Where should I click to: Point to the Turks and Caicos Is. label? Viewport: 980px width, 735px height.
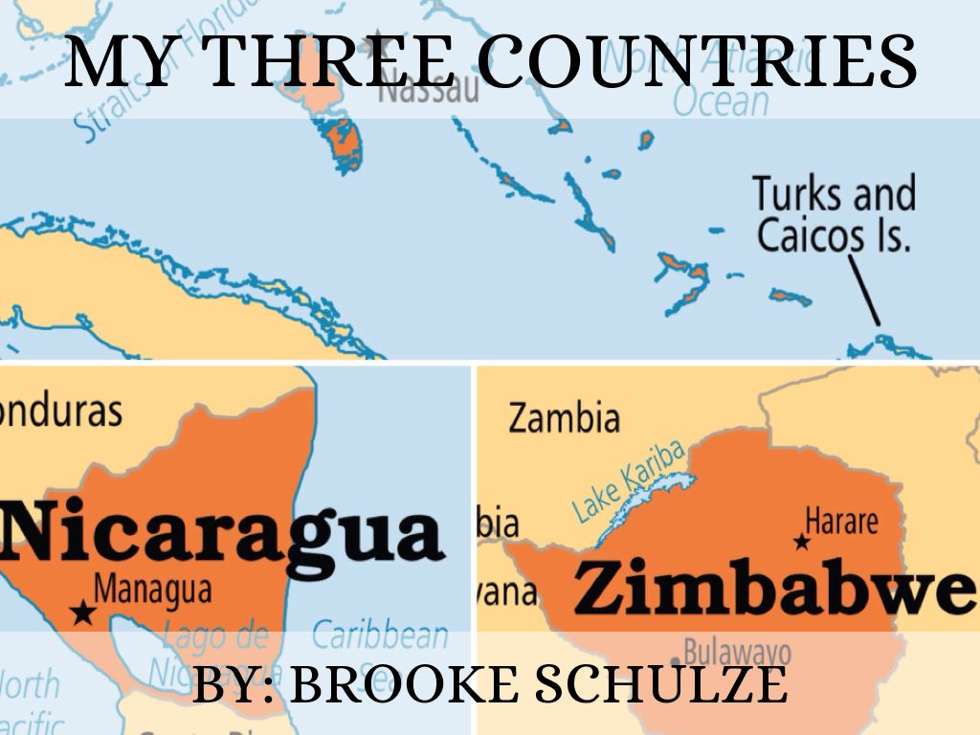pos(833,213)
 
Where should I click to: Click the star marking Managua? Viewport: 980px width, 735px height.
pos(84,611)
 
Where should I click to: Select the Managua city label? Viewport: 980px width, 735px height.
pos(153,587)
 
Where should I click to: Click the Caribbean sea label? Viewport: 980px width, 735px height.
pos(380,635)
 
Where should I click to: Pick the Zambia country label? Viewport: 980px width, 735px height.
pos(564,418)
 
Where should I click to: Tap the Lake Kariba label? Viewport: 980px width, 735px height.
pos(630,481)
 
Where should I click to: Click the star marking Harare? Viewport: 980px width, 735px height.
pos(802,542)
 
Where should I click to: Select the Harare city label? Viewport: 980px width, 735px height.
pos(841,522)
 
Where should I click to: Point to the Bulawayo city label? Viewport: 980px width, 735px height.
pos(737,654)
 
